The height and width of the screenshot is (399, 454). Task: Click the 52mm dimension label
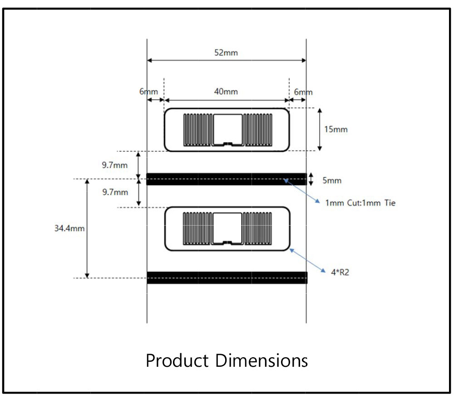coord(226,53)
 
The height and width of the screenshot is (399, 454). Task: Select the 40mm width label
coord(226,92)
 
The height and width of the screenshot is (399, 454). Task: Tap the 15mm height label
coord(336,129)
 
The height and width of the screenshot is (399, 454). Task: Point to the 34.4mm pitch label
coord(69,228)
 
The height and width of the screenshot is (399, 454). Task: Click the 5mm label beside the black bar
coord(332,180)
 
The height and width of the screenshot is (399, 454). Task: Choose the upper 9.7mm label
coord(115,165)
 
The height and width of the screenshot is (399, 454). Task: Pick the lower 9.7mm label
coord(115,192)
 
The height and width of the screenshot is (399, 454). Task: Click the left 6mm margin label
coord(148,92)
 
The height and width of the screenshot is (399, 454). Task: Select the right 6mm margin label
coord(303,92)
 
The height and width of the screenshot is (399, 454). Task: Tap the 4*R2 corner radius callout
coord(340,272)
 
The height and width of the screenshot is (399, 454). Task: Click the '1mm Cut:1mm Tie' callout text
coord(360,203)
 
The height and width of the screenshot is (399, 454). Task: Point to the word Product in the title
coord(177,360)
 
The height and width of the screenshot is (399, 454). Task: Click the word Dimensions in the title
coord(262,360)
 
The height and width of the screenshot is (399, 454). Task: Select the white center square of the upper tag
coord(228,129)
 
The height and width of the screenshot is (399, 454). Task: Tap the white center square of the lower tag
coord(227,228)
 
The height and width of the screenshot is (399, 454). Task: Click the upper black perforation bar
coord(227,179)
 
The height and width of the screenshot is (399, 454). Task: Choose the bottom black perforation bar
coord(227,278)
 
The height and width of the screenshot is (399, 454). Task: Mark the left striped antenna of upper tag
coord(198,130)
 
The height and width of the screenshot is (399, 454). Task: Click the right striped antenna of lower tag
coord(257,228)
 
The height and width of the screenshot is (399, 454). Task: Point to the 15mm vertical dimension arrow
coord(320,129)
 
